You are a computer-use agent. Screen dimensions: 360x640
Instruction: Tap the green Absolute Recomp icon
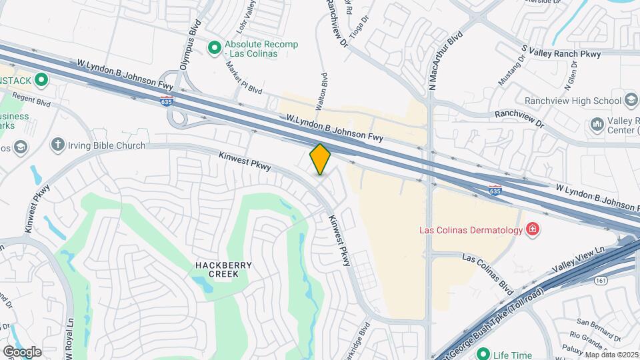(x=215, y=47)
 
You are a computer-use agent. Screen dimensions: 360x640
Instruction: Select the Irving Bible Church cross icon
(x=58, y=145)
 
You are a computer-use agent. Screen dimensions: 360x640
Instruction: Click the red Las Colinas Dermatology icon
(x=533, y=231)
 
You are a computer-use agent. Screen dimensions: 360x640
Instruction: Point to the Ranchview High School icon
(x=631, y=101)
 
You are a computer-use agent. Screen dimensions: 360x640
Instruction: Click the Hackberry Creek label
(x=223, y=269)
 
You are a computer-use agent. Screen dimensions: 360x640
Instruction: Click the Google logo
(x=22, y=351)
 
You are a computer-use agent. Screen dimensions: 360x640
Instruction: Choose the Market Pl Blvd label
(x=243, y=79)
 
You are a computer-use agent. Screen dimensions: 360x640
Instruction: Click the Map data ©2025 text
(x=611, y=355)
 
